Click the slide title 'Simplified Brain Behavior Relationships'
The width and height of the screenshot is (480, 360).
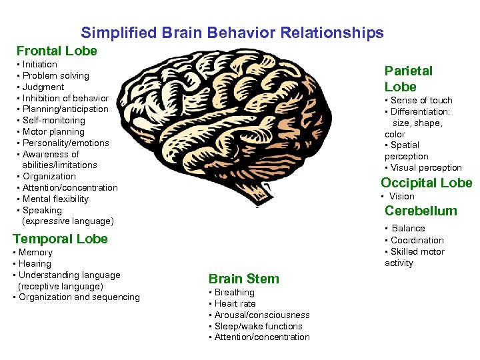232,33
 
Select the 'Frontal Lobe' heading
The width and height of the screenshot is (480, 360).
57,51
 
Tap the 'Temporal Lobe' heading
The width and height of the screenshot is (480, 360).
60,239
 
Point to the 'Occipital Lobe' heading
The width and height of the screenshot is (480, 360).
426,183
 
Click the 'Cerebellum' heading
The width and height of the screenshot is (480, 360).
421,211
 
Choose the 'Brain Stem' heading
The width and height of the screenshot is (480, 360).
243,279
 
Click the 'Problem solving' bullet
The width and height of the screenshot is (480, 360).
55,76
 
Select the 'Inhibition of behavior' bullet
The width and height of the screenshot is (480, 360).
65,98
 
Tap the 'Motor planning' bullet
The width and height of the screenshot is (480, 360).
53,132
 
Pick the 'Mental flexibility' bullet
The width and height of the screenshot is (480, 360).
55,199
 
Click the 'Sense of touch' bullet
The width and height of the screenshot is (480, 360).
421,100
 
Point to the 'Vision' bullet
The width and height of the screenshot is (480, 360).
401,196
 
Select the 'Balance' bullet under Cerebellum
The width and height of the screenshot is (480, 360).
407,228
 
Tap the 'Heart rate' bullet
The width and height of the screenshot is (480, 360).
234,303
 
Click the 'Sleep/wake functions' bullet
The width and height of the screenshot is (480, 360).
258,326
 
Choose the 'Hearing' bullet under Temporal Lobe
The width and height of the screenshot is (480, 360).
35,263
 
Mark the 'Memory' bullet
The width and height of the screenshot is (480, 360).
35,253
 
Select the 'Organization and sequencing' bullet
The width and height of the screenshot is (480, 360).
79,297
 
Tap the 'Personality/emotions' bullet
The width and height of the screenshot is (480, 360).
65,143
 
